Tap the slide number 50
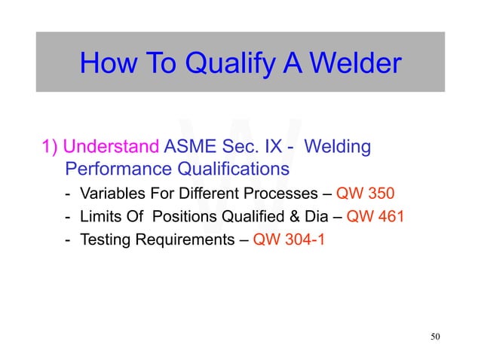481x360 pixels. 434,336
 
